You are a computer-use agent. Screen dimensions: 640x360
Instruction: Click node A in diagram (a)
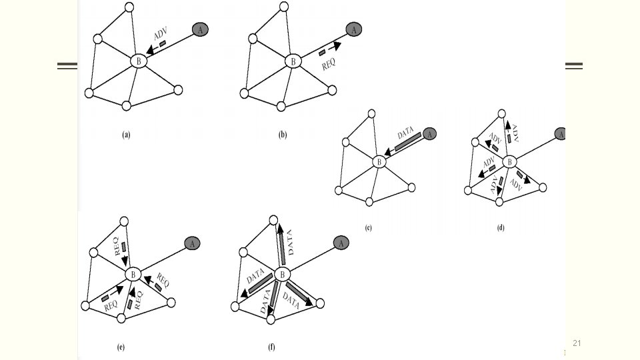tap(199, 29)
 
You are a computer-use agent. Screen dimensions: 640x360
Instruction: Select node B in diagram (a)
tap(139, 61)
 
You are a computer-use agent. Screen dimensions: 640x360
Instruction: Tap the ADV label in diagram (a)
tap(160, 35)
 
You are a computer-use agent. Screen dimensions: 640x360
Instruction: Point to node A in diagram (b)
tap(354, 29)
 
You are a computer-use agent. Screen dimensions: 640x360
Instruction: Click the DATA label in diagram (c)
tap(405, 133)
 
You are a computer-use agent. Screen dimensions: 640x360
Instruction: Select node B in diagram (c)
tap(379, 161)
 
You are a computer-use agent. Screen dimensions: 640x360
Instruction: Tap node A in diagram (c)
tap(430, 134)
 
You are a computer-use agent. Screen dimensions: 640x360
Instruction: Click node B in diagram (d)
tap(509, 161)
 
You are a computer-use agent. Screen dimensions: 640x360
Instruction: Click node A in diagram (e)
tap(192, 243)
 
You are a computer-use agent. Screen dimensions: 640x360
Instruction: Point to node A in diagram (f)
tap(341, 243)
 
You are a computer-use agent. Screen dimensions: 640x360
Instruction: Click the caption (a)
tap(125, 135)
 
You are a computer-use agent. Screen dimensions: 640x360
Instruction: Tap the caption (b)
tap(282, 135)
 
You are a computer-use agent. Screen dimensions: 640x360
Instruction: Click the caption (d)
tap(501, 228)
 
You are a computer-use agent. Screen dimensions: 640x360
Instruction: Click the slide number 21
tap(577, 343)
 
